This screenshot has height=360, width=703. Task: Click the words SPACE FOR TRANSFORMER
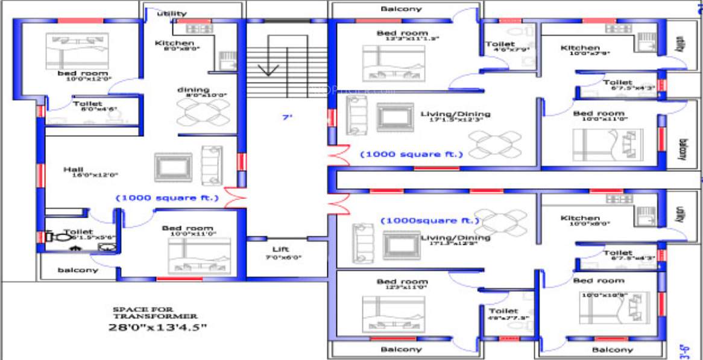pyautogui.click(x=155, y=312)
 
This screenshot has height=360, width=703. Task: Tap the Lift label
pyautogui.click(x=280, y=249)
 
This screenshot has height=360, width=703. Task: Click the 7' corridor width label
pyautogui.click(x=287, y=118)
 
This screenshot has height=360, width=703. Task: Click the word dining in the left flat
pyautogui.click(x=193, y=90)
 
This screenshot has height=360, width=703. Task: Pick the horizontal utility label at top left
pyautogui.click(x=172, y=13)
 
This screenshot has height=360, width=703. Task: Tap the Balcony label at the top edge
pyautogui.click(x=402, y=9)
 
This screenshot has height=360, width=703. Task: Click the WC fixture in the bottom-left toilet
pyautogui.click(x=55, y=238)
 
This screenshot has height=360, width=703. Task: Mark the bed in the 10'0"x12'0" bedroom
pyautogui.click(x=77, y=51)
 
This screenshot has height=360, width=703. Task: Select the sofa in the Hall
pyautogui.click(x=212, y=165)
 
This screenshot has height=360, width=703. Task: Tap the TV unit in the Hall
pyautogui.click(x=173, y=167)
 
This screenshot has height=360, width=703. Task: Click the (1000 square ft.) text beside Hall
pyautogui.click(x=167, y=197)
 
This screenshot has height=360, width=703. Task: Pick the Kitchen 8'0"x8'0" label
pyautogui.click(x=174, y=43)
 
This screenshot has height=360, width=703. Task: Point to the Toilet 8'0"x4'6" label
pyautogui.click(x=88, y=104)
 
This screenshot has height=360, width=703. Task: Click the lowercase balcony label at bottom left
pyautogui.click(x=78, y=270)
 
